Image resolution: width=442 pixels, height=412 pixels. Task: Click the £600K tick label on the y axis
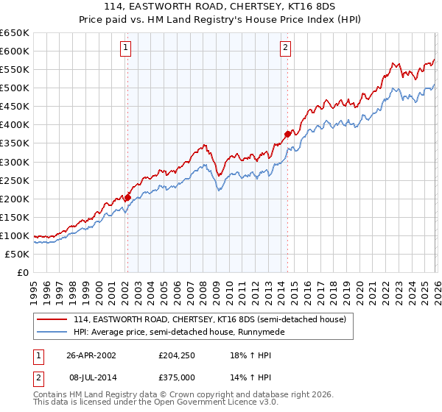coord(15,51)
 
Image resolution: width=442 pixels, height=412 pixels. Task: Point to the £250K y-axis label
coord(15,180)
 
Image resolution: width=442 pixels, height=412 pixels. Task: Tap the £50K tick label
coord(18,254)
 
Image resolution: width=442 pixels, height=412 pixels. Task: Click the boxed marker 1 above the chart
coord(126,49)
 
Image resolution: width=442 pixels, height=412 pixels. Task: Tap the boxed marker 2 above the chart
coord(285,49)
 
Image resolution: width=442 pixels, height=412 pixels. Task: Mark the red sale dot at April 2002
coord(127,197)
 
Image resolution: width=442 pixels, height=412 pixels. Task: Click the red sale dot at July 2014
coord(287,134)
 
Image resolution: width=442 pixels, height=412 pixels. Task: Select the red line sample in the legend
coord(53,319)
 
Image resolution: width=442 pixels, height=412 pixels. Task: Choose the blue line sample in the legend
coord(53,332)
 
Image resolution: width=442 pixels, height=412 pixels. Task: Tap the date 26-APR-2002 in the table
coord(91,355)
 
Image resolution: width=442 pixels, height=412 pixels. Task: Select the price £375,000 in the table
coord(177,377)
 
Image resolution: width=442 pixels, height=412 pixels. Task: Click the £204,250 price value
coord(177,355)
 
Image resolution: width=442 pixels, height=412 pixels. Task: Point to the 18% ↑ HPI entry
coord(246,355)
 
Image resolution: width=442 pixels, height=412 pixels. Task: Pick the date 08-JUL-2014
coord(91,377)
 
